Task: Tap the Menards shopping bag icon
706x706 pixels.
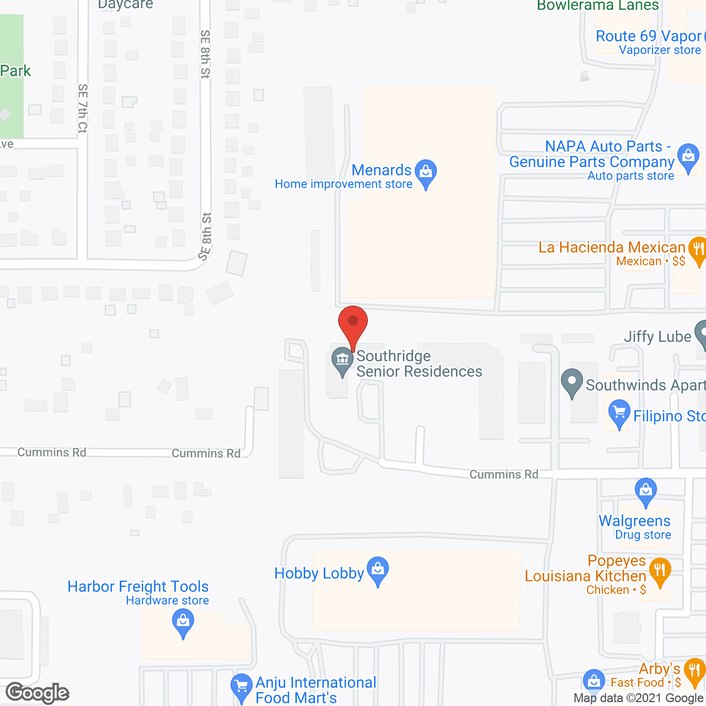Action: pyautogui.click(x=426, y=172)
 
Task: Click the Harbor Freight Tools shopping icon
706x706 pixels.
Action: pyautogui.click(x=183, y=624)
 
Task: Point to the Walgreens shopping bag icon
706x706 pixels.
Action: pyautogui.click(x=645, y=491)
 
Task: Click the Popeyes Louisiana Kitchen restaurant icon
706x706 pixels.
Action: pyautogui.click(x=660, y=571)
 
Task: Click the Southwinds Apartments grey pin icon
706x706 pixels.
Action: pyautogui.click(x=572, y=382)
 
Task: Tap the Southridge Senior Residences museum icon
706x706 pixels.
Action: pyautogui.click(x=343, y=361)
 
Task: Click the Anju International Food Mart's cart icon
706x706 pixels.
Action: pyautogui.click(x=241, y=687)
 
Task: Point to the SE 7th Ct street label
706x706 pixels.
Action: pyautogui.click(x=83, y=108)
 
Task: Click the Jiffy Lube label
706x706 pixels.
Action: pyautogui.click(x=657, y=336)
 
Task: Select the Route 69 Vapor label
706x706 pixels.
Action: pyautogui.click(x=649, y=36)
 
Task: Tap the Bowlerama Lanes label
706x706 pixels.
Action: pyautogui.click(x=598, y=6)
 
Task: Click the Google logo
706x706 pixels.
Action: pyautogui.click(x=38, y=692)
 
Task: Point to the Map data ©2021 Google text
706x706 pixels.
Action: pyautogui.click(x=639, y=698)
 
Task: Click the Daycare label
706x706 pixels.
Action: pyautogui.click(x=125, y=5)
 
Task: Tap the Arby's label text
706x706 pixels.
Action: pyautogui.click(x=659, y=669)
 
